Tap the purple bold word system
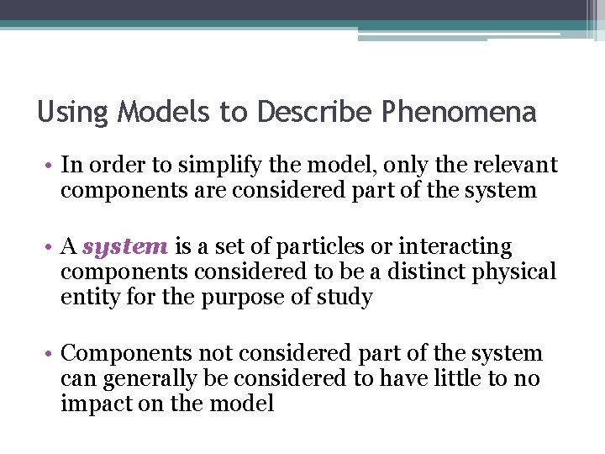(126, 247)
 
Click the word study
(342, 298)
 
